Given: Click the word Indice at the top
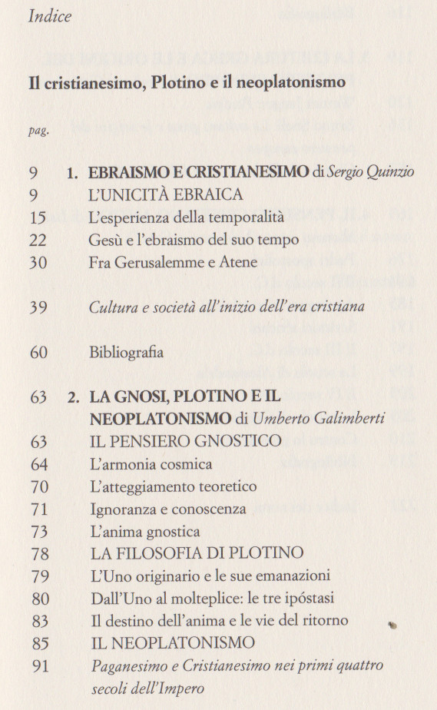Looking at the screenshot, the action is [x=49, y=17].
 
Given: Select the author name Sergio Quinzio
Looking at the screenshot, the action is [x=367, y=173].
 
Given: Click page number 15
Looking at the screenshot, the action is [x=38, y=217].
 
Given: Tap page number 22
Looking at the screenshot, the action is [x=38, y=240].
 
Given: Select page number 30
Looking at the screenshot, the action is [x=38, y=262].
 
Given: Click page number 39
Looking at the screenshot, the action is [x=38, y=307].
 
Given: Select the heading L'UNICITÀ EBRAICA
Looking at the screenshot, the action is [x=167, y=195].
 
